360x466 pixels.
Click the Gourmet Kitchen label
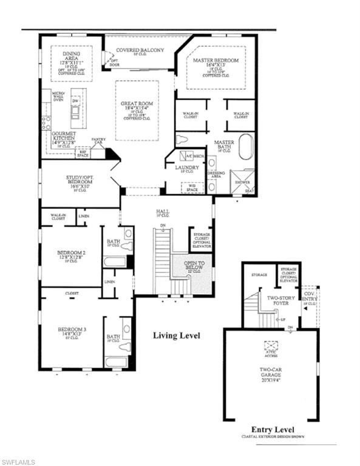click(x=63, y=137)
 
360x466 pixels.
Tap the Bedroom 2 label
click(x=71, y=256)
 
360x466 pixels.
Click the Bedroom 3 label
click(x=72, y=332)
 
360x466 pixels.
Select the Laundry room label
click(x=187, y=168)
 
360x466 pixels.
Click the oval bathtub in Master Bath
click(x=245, y=147)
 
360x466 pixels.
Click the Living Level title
click(x=176, y=336)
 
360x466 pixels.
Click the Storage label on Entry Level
click(x=259, y=275)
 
